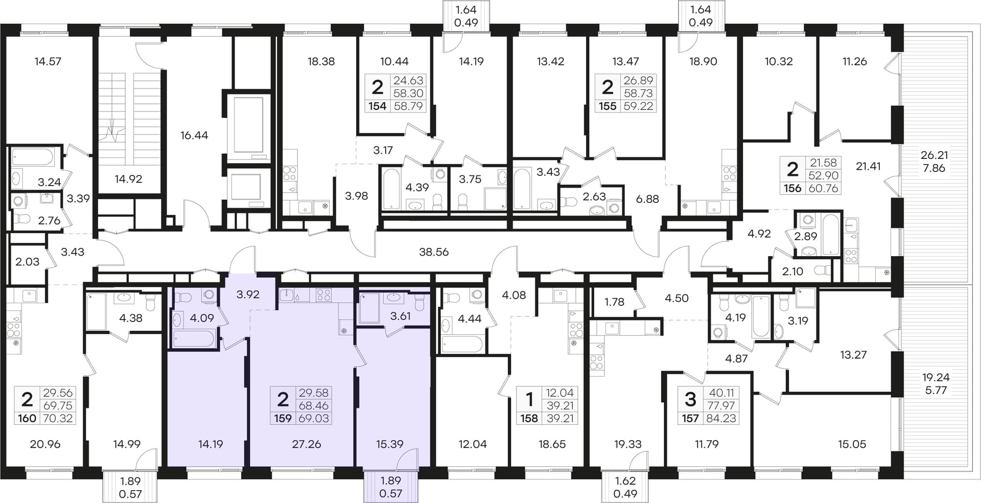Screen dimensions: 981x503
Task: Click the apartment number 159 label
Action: (x=283, y=418)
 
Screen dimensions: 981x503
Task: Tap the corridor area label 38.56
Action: (x=434, y=252)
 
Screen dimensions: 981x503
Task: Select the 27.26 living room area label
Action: (x=307, y=444)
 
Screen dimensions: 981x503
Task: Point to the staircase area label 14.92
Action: (x=128, y=179)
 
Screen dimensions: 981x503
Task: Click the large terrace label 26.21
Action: (x=934, y=155)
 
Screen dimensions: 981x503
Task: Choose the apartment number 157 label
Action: (x=690, y=418)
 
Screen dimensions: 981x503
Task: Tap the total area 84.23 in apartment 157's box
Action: (x=722, y=418)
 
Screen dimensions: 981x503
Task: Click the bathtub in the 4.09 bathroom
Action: (x=194, y=338)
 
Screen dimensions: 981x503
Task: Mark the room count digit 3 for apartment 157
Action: (x=690, y=398)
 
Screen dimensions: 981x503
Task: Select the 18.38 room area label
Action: (x=321, y=61)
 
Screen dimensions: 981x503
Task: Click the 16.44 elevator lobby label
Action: (x=194, y=135)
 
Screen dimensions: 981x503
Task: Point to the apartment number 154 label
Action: (x=377, y=106)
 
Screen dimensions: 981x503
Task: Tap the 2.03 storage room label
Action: (x=27, y=262)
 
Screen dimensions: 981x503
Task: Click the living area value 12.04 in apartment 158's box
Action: (x=560, y=393)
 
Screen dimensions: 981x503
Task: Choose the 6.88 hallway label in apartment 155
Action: (x=647, y=199)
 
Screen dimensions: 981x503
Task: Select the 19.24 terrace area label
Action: (x=935, y=377)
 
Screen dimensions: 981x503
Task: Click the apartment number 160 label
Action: (x=27, y=418)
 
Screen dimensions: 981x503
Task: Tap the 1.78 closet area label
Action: (x=614, y=302)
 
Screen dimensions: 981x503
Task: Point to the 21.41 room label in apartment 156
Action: (x=868, y=166)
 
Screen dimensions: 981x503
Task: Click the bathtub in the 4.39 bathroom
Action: (x=391, y=189)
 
